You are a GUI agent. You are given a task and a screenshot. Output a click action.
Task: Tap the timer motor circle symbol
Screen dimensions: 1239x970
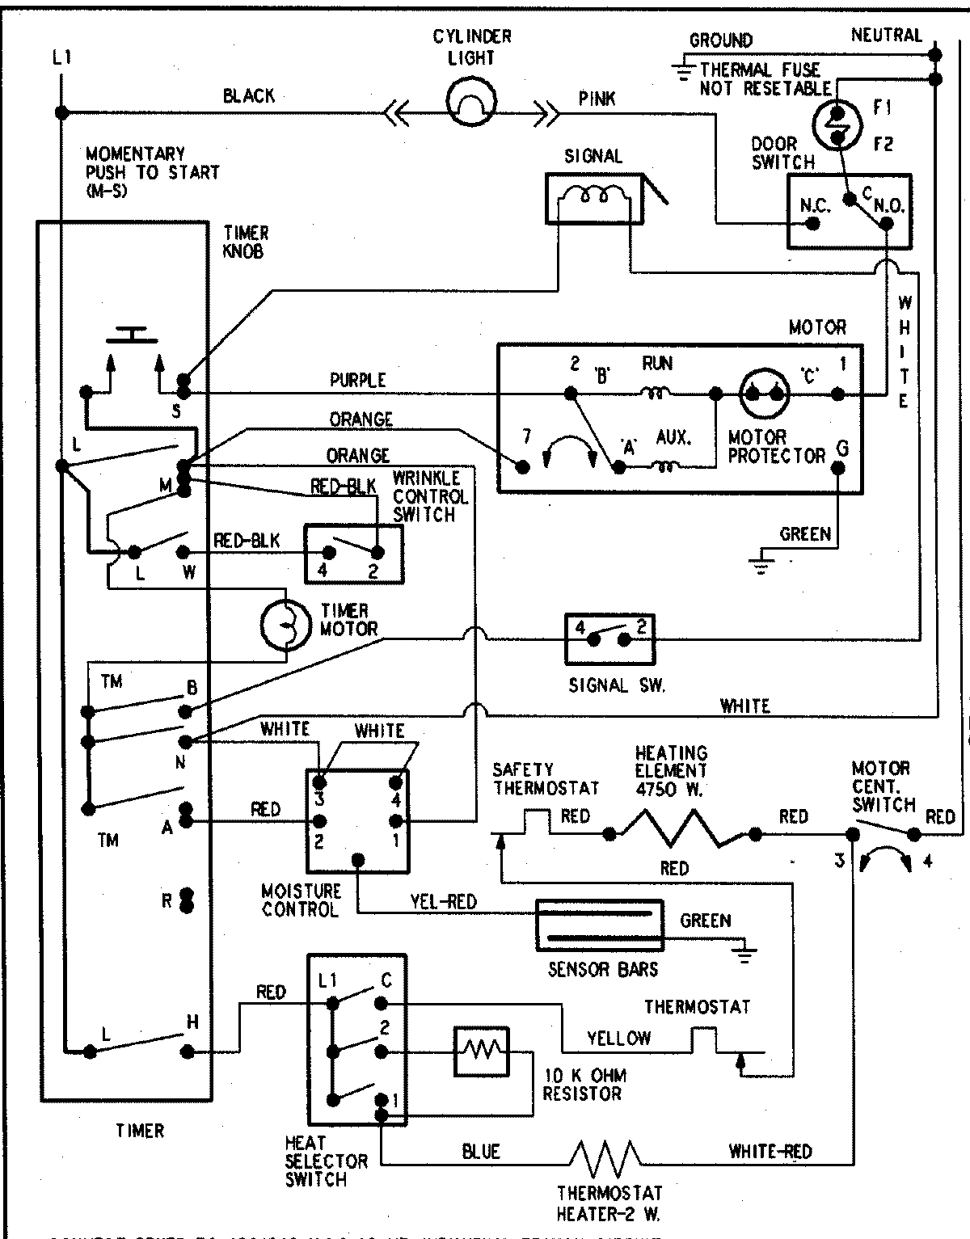tap(285, 625)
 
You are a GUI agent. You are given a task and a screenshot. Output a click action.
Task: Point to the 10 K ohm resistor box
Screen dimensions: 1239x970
tap(482, 1051)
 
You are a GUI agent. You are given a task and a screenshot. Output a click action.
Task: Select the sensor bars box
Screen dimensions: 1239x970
tap(600, 925)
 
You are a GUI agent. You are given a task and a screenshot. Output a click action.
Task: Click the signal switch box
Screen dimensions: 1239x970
tap(609, 638)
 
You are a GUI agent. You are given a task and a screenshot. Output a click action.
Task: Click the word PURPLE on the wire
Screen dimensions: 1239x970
tap(358, 379)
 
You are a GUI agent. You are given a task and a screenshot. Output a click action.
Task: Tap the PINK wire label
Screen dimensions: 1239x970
tap(597, 99)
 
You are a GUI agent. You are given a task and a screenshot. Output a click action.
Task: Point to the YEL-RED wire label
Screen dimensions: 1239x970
tap(444, 901)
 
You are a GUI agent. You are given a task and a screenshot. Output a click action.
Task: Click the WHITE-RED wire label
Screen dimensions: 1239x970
tap(770, 1151)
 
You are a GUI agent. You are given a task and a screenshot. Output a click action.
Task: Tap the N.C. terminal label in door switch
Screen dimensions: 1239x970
tap(815, 205)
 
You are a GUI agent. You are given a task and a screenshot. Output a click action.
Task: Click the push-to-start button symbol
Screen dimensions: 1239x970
tap(134, 334)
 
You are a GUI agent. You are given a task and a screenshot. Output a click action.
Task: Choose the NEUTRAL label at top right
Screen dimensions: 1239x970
tap(886, 35)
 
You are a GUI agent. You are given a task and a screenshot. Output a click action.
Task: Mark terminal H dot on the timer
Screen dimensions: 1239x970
tap(188, 1051)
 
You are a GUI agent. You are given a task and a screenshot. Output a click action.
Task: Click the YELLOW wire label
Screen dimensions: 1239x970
tap(619, 1038)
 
